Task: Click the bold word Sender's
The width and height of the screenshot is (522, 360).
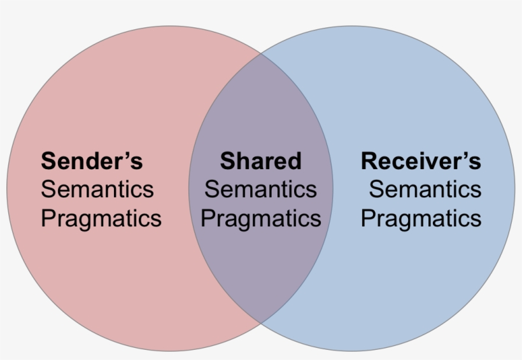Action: (x=92, y=161)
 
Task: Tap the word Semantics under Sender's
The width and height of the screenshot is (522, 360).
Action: (x=97, y=190)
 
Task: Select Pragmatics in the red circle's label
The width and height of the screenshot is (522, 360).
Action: (x=101, y=218)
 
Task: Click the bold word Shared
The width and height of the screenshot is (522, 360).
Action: (x=260, y=161)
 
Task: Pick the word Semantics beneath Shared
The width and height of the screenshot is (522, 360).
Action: (x=260, y=190)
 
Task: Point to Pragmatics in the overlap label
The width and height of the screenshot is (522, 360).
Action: (x=260, y=218)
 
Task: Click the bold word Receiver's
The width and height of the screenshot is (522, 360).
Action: (x=421, y=161)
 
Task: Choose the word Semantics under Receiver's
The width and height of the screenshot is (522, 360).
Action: (x=425, y=190)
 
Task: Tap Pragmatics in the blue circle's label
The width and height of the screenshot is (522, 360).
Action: (x=421, y=218)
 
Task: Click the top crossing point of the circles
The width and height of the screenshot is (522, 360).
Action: (x=261, y=53)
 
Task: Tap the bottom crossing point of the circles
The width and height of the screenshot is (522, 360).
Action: (x=261, y=322)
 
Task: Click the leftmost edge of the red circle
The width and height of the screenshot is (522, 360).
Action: (x=7, y=188)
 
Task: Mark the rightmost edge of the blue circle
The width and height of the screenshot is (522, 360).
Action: (x=514, y=188)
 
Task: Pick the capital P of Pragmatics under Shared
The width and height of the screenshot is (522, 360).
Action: (x=208, y=218)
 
